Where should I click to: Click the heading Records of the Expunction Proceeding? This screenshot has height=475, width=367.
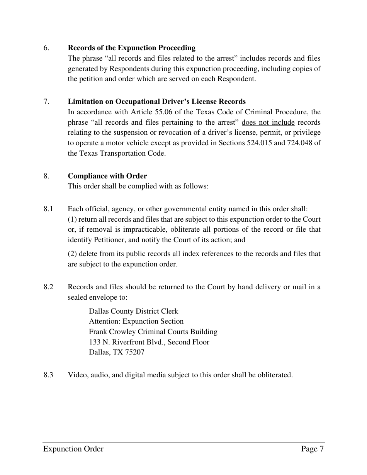131,48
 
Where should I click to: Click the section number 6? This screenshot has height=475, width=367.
46,48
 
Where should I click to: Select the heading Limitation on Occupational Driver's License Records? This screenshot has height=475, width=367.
156,102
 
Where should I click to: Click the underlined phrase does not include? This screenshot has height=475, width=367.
268,122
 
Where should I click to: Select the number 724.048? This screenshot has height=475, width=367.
301,143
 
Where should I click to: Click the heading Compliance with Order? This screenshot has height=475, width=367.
107,176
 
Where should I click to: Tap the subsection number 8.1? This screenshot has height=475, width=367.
48,209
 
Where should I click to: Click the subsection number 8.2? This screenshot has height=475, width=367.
48,287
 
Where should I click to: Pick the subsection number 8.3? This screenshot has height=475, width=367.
48,375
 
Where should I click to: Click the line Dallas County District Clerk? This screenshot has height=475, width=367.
133,311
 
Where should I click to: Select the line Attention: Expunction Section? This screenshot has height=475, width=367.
136,321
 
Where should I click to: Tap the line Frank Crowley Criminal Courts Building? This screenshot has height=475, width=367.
153,332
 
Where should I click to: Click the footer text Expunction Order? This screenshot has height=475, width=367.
73,449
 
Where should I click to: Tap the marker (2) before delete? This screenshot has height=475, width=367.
72,254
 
